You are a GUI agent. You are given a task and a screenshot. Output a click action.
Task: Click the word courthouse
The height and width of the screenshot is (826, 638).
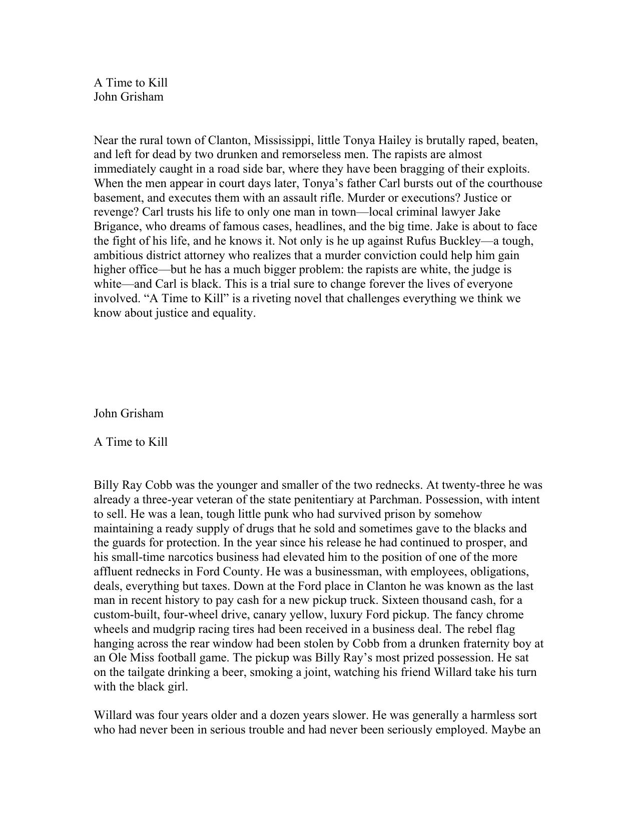coord(514,183)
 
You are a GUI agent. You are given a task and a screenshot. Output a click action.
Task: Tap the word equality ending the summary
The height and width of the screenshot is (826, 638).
coord(235,313)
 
